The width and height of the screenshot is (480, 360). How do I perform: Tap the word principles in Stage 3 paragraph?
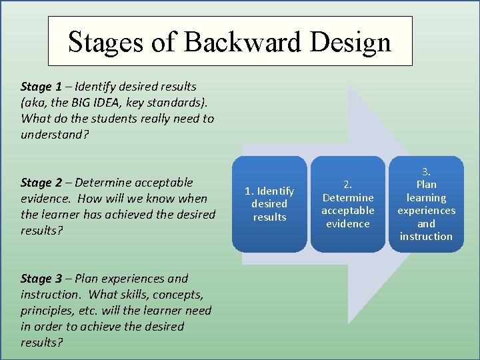click(48, 311)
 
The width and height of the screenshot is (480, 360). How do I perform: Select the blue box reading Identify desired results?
click(269, 204)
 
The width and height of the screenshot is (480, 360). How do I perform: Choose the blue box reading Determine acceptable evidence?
click(347, 204)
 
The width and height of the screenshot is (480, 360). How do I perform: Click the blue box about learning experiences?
click(426, 204)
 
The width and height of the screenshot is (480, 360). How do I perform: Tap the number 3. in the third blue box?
click(426, 172)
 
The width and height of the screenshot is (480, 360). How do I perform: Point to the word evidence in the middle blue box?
click(347, 224)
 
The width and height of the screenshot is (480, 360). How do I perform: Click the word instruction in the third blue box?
click(426, 237)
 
